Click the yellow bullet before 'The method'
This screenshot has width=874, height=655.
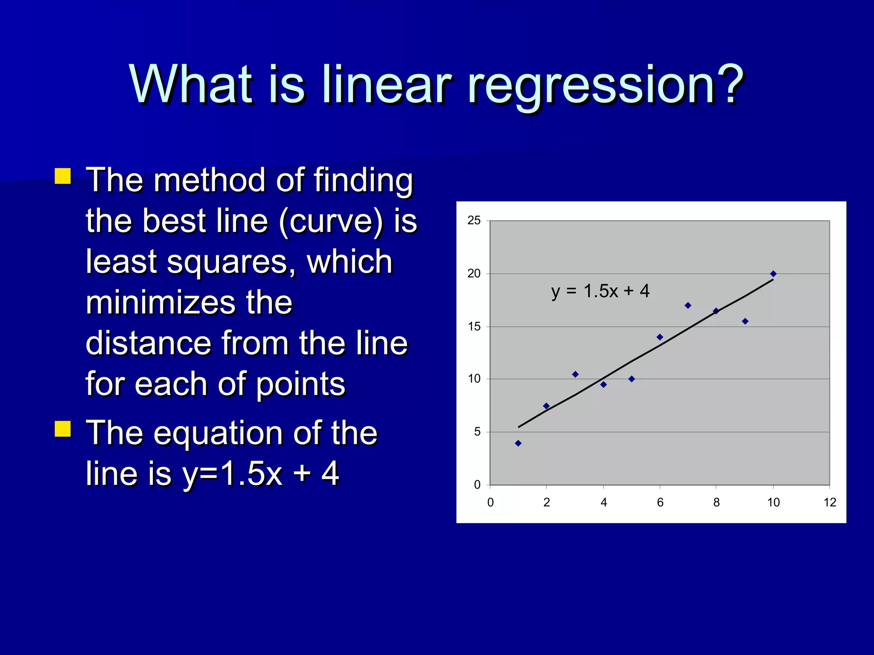pos(63,176)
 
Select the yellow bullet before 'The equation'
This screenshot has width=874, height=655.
pos(63,429)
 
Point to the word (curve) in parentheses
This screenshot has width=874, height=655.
pos(331,222)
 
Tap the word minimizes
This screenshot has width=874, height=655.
pos(160,303)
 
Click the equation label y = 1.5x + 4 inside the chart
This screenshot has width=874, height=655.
pos(600,291)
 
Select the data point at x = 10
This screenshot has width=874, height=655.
pos(773,274)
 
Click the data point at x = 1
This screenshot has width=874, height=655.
pos(518,443)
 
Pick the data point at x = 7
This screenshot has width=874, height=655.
pos(688,305)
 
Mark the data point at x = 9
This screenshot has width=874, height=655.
pos(745,321)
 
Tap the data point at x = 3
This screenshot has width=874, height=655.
pos(575,374)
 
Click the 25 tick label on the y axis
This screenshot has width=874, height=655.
pos(474,220)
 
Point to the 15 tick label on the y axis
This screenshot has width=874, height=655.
pos(474,327)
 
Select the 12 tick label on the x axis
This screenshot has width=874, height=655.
pos(830,502)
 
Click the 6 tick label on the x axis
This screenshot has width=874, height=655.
pos(660,502)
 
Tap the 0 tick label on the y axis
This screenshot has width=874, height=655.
pos(477,485)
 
